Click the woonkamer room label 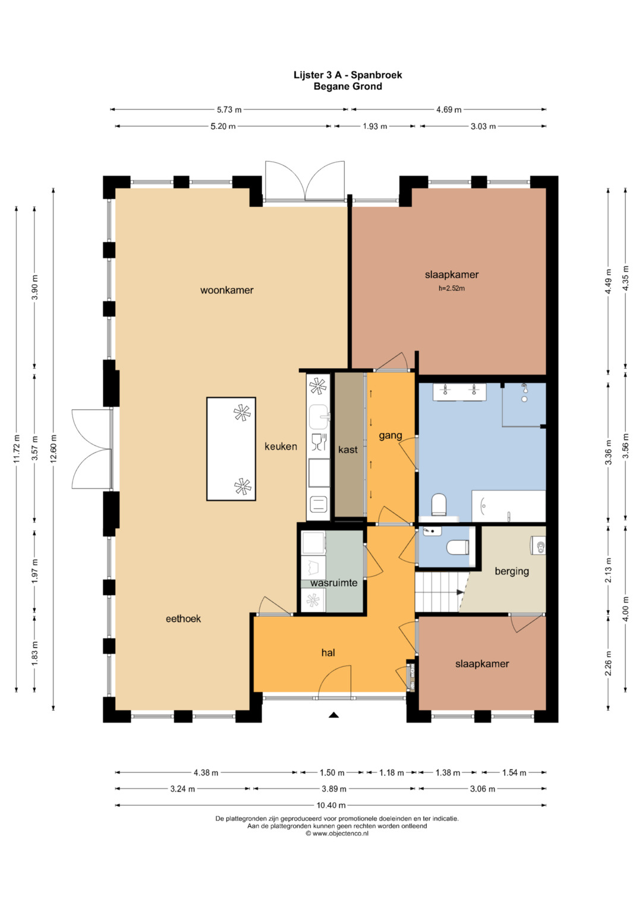coord(226,290)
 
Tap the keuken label coord(281,447)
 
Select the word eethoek coord(183,618)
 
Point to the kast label coord(348,450)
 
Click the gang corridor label coord(391,436)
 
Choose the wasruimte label coord(333,583)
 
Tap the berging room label coord(511,571)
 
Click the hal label coord(328,653)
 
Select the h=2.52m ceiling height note coord(452,288)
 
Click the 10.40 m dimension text coord(331,806)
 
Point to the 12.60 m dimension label coord(53,448)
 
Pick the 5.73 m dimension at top coord(229,109)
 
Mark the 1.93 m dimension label coord(374,127)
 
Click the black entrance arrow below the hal coord(333,715)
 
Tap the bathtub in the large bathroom coord(508,506)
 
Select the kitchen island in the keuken coord(231,449)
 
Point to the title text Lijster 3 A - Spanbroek coord(348,75)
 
